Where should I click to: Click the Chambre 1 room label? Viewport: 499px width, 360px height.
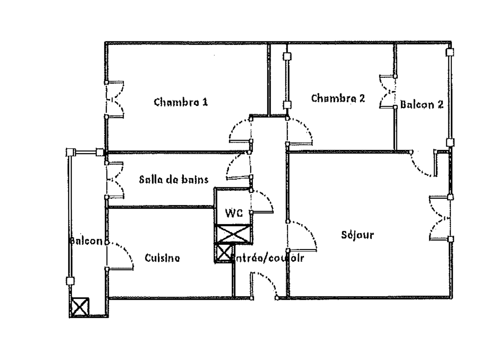[181, 102]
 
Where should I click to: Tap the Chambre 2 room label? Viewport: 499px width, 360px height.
[338, 98]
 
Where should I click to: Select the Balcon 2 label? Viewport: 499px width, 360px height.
[422, 104]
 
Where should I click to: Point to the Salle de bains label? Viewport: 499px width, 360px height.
[174, 179]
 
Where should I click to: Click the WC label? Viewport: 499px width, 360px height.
[234, 213]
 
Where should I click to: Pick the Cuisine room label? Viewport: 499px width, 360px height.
[162, 258]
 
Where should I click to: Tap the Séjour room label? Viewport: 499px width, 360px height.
[357, 235]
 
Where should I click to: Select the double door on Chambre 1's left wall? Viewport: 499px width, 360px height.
[115, 99]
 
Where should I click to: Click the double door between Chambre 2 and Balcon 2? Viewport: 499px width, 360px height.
[387, 92]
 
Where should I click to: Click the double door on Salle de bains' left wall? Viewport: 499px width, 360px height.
[115, 180]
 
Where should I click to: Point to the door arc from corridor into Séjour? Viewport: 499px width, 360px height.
[302, 235]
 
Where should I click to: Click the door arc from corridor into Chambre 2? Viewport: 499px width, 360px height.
[301, 131]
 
